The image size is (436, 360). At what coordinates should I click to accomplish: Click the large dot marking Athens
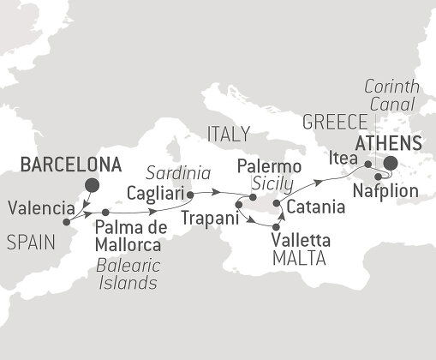(391, 164)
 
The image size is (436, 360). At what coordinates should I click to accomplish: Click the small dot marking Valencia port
(66, 222)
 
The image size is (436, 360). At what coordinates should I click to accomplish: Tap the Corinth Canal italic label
(391, 95)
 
